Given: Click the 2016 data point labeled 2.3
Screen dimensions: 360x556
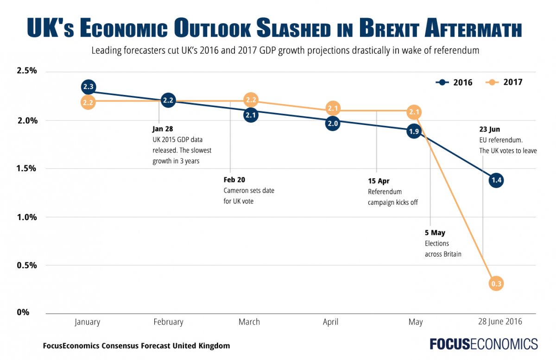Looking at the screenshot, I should (x=88, y=86).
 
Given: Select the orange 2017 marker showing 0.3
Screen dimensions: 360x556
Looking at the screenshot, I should (x=496, y=284).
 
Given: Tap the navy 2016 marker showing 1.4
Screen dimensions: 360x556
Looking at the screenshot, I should (x=496, y=180).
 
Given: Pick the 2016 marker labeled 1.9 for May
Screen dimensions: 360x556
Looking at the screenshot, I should (x=414, y=132).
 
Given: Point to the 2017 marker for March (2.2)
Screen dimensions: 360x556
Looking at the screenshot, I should (x=251, y=100).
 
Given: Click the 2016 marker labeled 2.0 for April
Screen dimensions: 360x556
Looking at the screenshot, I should (x=332, y=123).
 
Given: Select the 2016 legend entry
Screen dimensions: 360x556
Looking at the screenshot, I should (x=455, y=82).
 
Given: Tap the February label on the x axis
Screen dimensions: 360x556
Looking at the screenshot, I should (x=168, y=322).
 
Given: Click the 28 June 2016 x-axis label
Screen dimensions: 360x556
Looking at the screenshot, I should (x=499, y=321).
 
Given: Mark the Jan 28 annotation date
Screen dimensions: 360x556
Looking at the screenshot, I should (x=162, y=129).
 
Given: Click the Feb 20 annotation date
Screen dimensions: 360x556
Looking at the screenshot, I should (x=234, y=180).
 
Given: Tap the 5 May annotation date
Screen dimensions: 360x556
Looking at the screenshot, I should (x=435, y=233).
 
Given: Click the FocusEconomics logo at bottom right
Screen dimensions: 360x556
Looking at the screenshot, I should (x=483, y=344).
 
